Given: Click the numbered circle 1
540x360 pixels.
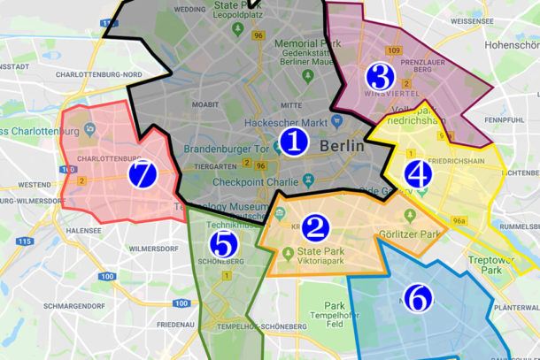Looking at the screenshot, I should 294,142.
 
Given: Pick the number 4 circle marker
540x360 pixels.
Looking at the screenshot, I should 419,174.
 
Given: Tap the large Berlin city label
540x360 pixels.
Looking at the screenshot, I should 341,146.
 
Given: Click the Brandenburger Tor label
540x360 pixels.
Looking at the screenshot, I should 227,148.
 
